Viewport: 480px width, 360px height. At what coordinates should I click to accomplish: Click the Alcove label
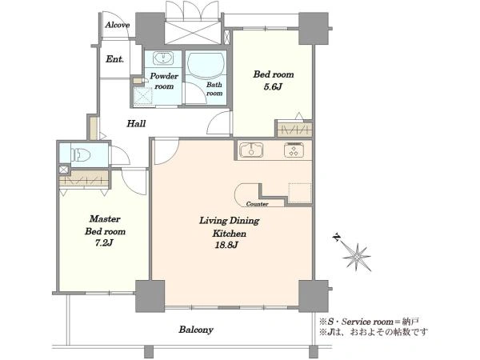[118, 25]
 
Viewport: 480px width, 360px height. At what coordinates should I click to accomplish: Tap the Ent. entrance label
[114, 58]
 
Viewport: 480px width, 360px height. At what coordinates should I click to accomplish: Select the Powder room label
[164, 81]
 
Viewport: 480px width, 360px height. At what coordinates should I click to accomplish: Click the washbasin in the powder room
[163, 58]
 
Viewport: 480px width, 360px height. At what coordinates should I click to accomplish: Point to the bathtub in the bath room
[206, 65]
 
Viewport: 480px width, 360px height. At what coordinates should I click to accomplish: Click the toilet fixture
[81, 154]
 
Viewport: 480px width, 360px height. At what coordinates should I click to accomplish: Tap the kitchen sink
[251, 150]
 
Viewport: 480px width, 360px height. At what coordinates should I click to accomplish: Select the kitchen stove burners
[294, 150]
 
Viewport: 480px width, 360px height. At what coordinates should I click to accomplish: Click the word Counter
[257, 204]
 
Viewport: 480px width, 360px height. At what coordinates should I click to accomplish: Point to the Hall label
[136, 124]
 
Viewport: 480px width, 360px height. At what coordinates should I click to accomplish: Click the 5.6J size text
[273, 87]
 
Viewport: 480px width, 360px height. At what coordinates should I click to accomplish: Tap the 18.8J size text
[226, 246]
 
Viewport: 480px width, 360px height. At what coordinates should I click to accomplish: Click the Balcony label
[196, 330]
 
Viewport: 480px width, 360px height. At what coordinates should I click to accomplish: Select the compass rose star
[357, 257]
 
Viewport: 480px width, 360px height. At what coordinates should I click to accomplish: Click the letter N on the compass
[337, 238]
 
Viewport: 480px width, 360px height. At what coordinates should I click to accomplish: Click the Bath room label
[214, 89]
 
